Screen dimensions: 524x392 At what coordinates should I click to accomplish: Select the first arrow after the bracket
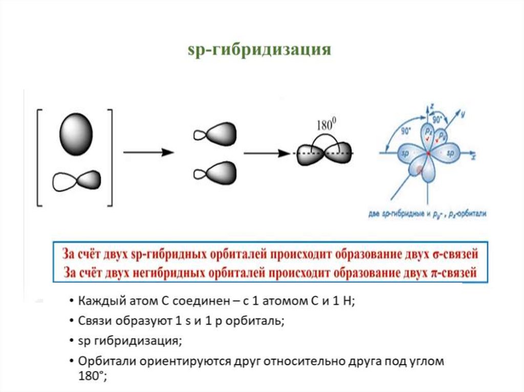[148, 152]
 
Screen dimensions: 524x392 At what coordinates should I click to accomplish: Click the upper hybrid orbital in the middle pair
[214, 134]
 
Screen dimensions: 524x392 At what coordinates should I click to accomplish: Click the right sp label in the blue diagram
[450, 153]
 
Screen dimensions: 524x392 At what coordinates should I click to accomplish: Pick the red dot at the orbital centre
[428, 153]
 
